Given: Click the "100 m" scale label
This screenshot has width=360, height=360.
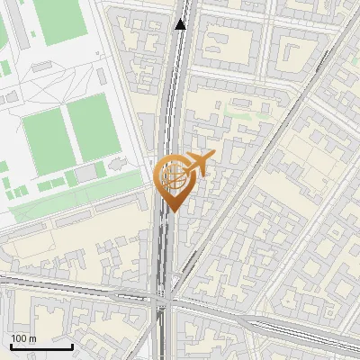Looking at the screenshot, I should [x=23, y=338].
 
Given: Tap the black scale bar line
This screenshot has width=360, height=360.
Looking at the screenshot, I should [x=41, y=346].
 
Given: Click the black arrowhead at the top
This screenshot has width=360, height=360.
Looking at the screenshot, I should [x=182, y=24].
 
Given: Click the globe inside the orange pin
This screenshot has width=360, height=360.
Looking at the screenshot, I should [x=171, y=175].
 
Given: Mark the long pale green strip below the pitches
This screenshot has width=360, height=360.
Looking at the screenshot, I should [x=76, y=197].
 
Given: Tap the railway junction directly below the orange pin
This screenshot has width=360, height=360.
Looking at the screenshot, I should [x=166, y=296].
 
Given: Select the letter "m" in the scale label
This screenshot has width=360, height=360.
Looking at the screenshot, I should [x=31, y=338].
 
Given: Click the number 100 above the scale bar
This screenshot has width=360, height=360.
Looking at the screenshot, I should [x=19, y=338].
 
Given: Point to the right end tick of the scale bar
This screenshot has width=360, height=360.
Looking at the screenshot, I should [x=72, y=345].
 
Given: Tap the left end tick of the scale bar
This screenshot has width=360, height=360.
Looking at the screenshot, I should [x=11, y=345].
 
